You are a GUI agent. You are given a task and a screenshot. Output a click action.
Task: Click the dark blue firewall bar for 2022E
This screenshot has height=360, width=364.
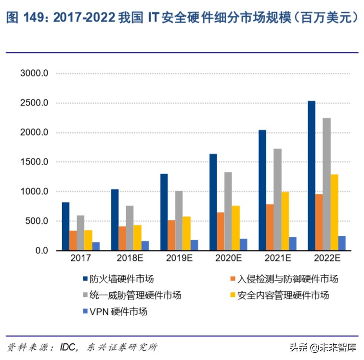(311, 176)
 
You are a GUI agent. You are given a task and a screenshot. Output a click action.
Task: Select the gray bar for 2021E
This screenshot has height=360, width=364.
(277, 200)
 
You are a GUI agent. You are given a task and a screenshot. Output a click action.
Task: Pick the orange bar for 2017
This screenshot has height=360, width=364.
(73, 241)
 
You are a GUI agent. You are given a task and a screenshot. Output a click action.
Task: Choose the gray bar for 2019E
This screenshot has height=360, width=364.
(179, 221)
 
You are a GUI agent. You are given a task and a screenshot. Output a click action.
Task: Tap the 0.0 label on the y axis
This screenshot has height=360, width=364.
(41, 251)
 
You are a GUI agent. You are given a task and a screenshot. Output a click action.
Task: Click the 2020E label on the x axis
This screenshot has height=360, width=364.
(229, 258)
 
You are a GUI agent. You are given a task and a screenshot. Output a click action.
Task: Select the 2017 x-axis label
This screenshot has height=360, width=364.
(81, 258)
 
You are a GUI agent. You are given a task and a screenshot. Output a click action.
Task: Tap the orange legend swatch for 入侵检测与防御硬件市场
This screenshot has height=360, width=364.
(233, 279)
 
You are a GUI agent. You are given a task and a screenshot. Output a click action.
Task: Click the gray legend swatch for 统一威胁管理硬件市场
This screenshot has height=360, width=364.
(85, 295)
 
